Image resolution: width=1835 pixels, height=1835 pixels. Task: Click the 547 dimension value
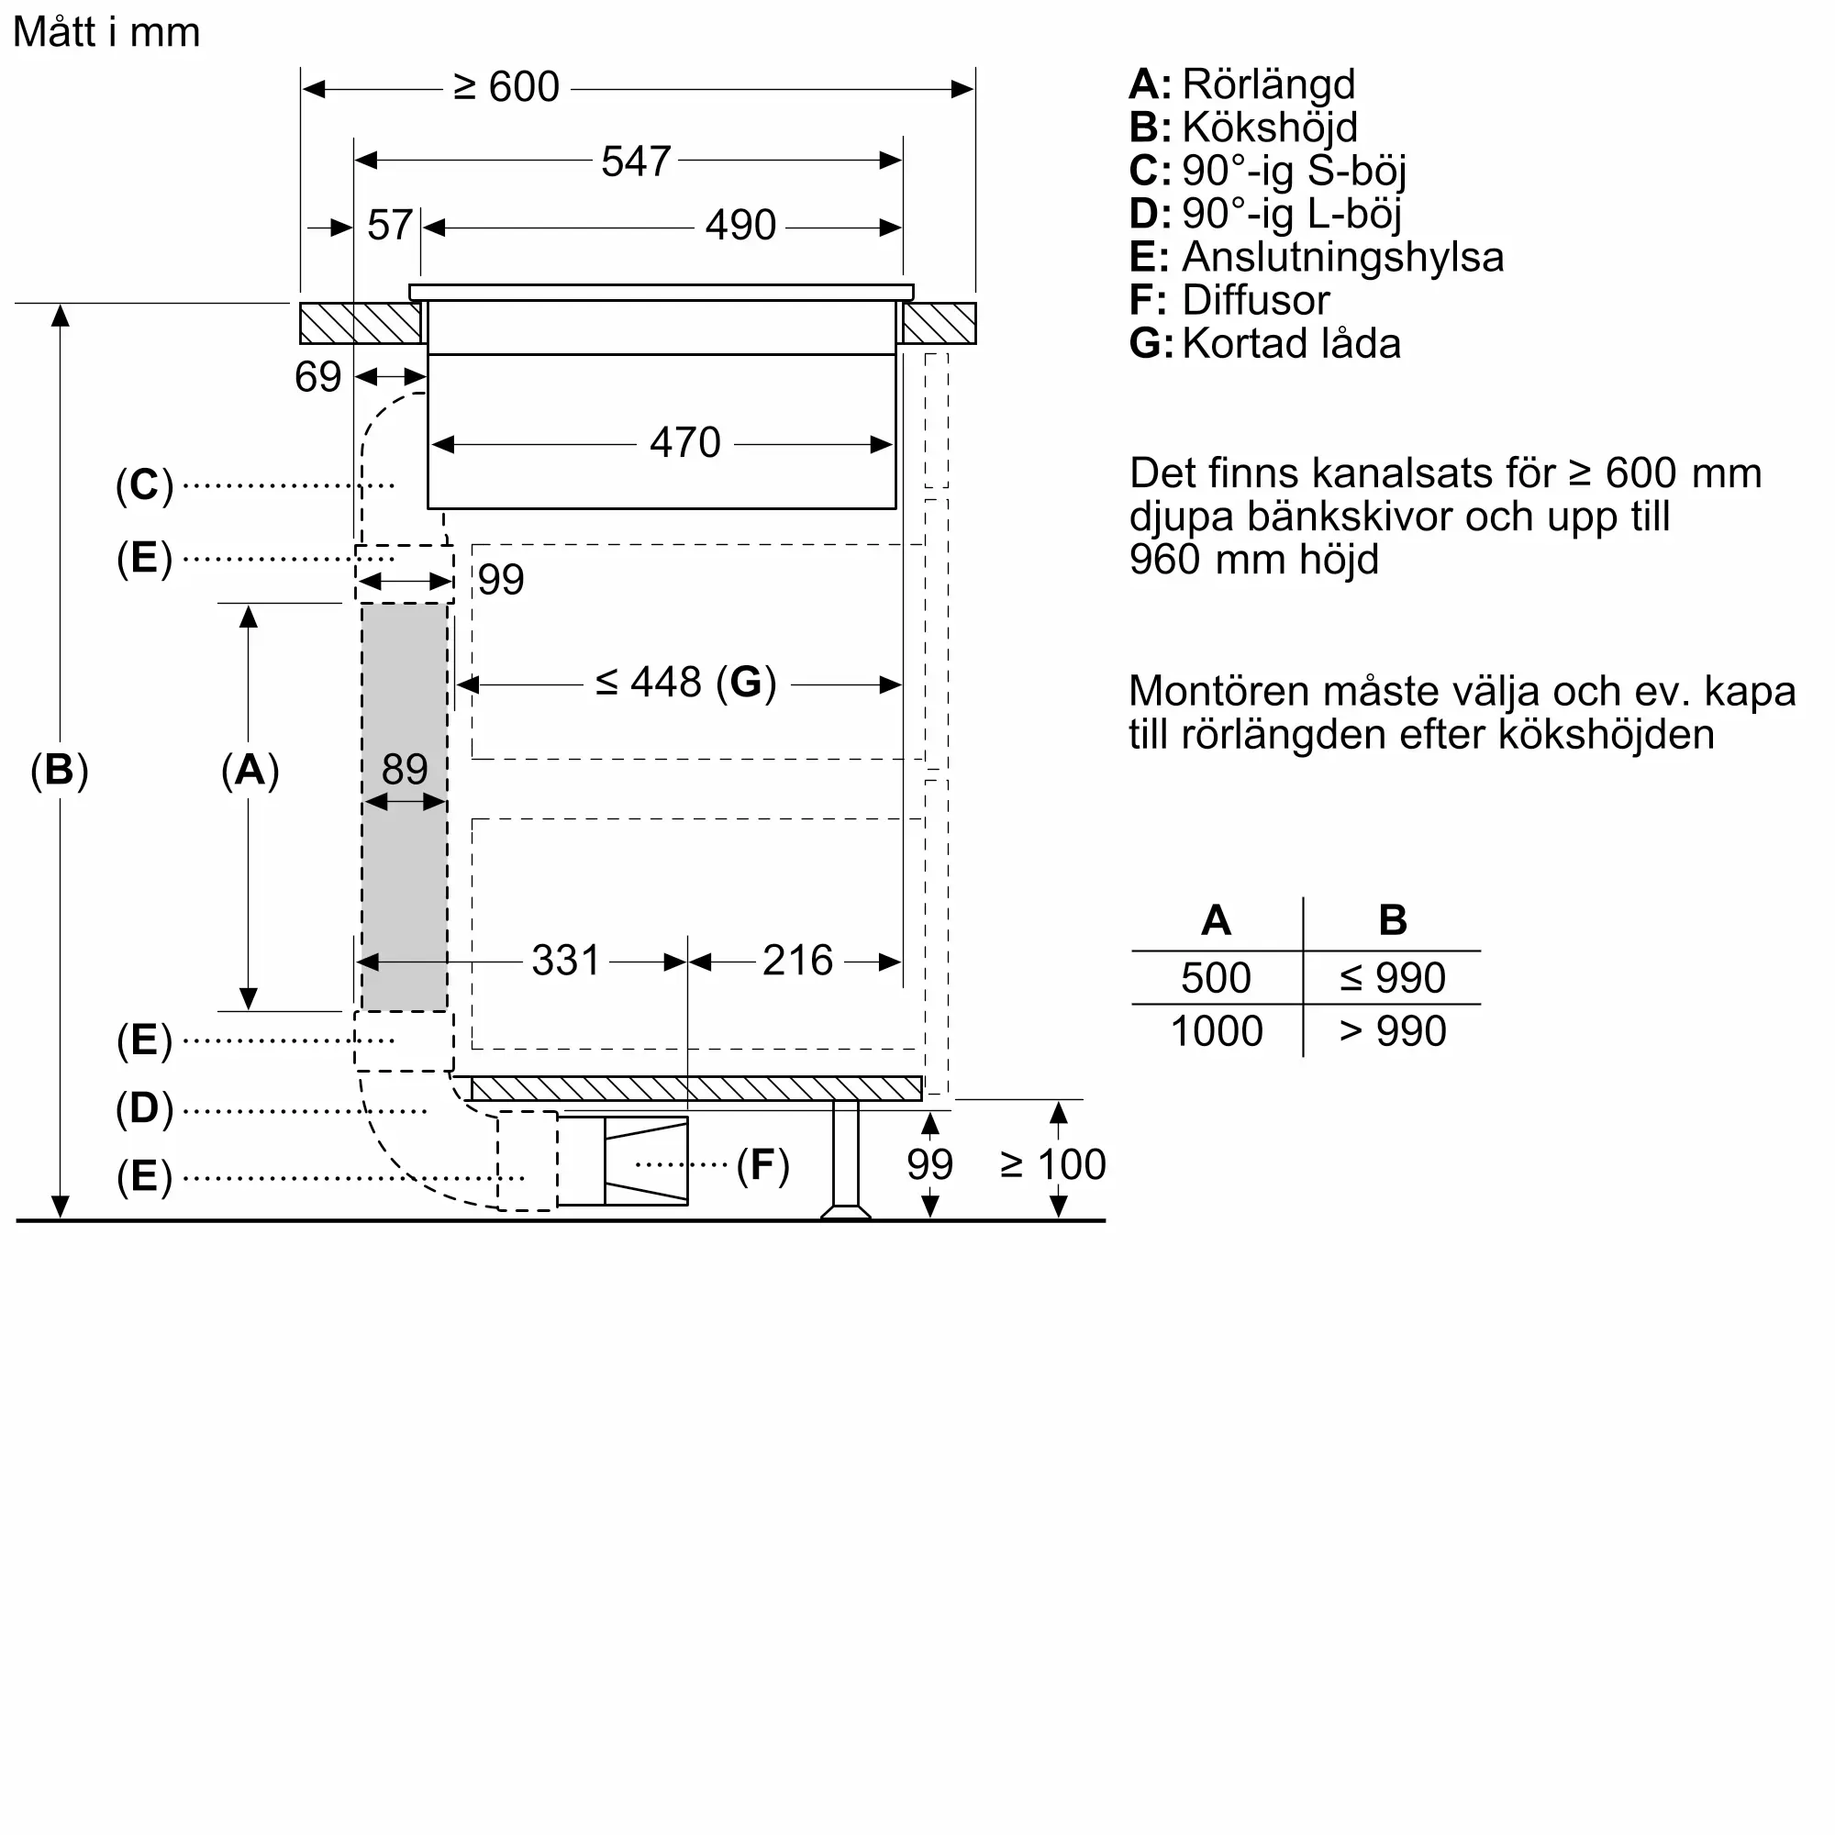pyautogui.click(x=636, y=161)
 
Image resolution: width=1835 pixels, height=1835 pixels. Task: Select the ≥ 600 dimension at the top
pyautogui.click(x=506, y=87)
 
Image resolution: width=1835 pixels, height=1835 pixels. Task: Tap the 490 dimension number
pyautogui.click(x=740, y=226)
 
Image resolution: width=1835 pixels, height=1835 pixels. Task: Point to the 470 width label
pyautogui.click(x=684, y=442)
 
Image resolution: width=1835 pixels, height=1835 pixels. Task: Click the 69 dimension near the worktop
pyautogui.click(x=317, y=377)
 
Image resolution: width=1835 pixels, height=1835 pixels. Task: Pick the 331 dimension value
pyautogui.click(x=565, y=961)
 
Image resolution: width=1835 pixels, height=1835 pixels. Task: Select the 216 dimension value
pyautogui.click(x=797, y=961)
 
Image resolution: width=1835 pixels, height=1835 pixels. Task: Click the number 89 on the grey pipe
pyautogui.click(x=405, y=768)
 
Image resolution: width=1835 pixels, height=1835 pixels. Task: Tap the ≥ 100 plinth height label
pyautogui.click(x=1052, y=1164)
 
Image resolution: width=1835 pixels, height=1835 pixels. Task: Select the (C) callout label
pyautogui.click(x=144, y=484)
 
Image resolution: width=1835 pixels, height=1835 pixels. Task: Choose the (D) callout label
pyautogui.click(x=144, y=1107)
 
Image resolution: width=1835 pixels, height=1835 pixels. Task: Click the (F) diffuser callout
pyautogui.click(x=762, y=1164)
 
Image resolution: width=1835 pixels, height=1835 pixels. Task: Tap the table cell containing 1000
pyautogui.click(x=1216, y=1031)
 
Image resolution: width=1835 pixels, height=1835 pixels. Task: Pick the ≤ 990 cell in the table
pyautogui.click(x=1392, y=977)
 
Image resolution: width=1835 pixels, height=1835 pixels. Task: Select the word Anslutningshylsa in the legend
pyautogui.click(x=1342, y=258)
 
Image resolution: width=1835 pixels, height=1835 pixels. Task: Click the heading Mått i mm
pyautogui.click(x=106, y=32)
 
